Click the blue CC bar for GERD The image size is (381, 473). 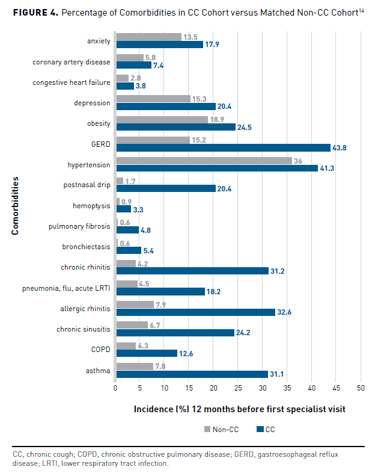pyautogui.click(x=223, y=147)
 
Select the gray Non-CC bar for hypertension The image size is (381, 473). pyautogui.click(x=204, y=161)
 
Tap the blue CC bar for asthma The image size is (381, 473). pyautogui.click(x=192, y=374)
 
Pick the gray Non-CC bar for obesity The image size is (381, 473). pyautogui.click(x=162, y=120)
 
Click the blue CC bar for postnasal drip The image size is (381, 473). pyautogui.click(x=166, y=188)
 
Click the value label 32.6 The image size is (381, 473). pyautogui.click(x=286, y=312)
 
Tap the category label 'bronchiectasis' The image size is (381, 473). pyautogui.click(x=87, y=247)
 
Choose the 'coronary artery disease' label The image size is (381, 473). pyautogui.click(x=72, y=61)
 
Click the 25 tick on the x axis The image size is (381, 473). pyautogui.click(x=238, y=389)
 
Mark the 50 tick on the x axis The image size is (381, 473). pyautogui.click(x=361, y=389)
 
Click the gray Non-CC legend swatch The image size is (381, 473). pyautogui.click(x=208, y=429)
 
